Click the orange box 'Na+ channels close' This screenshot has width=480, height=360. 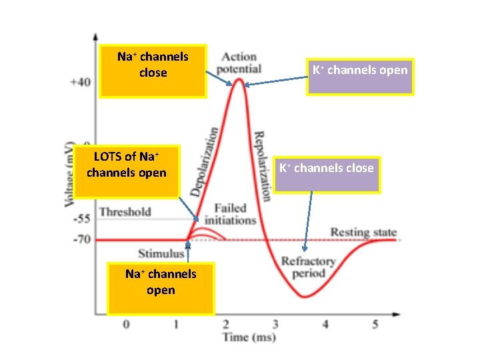(153, 71)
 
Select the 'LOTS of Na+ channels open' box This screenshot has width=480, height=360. (126, 172)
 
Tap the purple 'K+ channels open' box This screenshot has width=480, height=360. (360, 76)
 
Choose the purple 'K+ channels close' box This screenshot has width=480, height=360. (326, 175)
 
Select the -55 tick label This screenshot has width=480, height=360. (80, 219)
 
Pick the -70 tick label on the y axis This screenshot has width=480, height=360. (80, 239)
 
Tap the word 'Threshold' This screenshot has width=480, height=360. (125, 212)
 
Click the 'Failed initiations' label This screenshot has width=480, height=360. (230, 214)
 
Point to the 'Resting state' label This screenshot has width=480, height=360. (363, 233)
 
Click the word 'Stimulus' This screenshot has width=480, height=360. (161, 253)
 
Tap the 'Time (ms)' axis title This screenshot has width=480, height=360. (248, 337)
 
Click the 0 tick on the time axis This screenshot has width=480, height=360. (126, 324)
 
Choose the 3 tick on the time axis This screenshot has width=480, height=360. (275, 324)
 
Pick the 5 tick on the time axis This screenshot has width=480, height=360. (375, 324)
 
